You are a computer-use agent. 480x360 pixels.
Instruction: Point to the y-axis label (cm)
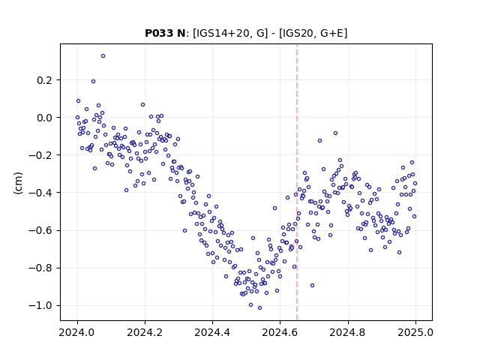pos(18,183)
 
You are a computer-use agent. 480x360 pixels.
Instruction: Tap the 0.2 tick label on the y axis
pos(45,80)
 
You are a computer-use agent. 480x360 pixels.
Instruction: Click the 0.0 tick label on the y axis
pos(45,118)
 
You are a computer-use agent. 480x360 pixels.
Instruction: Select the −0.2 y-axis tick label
pos(40,155)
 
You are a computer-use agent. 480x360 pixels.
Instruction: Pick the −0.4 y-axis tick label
pos(40,193)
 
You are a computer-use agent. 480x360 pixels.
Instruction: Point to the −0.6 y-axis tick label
pos(40,230)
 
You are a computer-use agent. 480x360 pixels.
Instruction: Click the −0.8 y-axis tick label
pos(40,268)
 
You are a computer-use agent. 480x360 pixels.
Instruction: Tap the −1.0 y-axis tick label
pos(40,306)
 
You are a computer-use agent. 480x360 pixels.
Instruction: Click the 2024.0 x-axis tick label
pos(77,332)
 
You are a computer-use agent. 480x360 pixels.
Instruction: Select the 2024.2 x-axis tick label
pos(145,332)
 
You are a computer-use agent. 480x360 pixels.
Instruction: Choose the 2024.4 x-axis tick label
pos(212,332)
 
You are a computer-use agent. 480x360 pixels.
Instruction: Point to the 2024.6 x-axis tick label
pos(280,332)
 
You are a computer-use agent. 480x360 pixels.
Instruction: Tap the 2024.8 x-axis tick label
pos(348,332)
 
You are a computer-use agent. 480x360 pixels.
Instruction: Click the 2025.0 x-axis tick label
pos(415,332)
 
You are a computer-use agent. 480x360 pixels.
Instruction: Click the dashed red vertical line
pos(297,182)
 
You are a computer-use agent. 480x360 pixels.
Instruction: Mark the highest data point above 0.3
pos(103,56)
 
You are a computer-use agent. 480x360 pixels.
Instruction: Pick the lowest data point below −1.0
pos(259,308)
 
